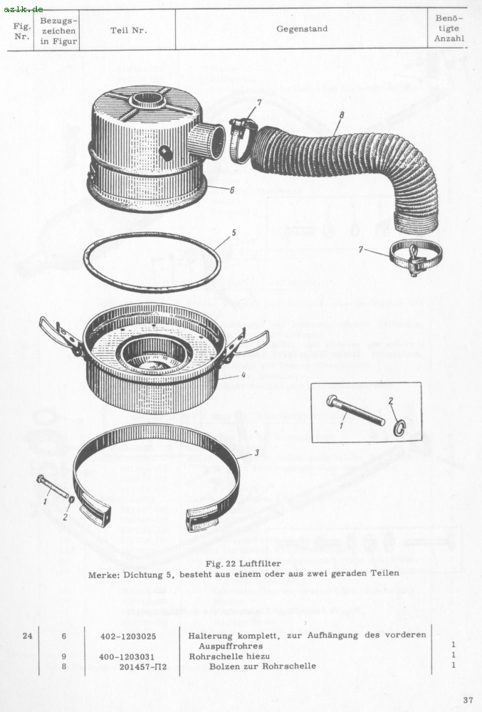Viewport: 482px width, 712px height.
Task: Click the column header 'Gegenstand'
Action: point(302,28)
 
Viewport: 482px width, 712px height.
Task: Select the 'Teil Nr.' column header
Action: point(128,31)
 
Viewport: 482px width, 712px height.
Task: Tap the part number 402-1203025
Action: point(128,636)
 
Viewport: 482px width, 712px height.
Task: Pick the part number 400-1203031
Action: point(127,656)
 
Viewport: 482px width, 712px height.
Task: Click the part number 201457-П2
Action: point(143,666)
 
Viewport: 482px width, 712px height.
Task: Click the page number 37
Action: point(468,699)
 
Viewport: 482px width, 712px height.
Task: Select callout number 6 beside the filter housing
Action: point(232,190)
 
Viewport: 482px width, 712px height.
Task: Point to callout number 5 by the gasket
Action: point(234,233)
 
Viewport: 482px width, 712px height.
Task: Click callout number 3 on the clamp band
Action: point(256,453)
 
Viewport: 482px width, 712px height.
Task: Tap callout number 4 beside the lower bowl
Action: point(243,375)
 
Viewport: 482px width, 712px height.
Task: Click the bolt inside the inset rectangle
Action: point(355,411)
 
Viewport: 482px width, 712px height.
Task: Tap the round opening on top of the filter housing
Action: point(148,99)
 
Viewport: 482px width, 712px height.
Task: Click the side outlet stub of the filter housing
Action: point(207,140)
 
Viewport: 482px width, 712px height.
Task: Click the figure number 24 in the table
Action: point(28,636)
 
